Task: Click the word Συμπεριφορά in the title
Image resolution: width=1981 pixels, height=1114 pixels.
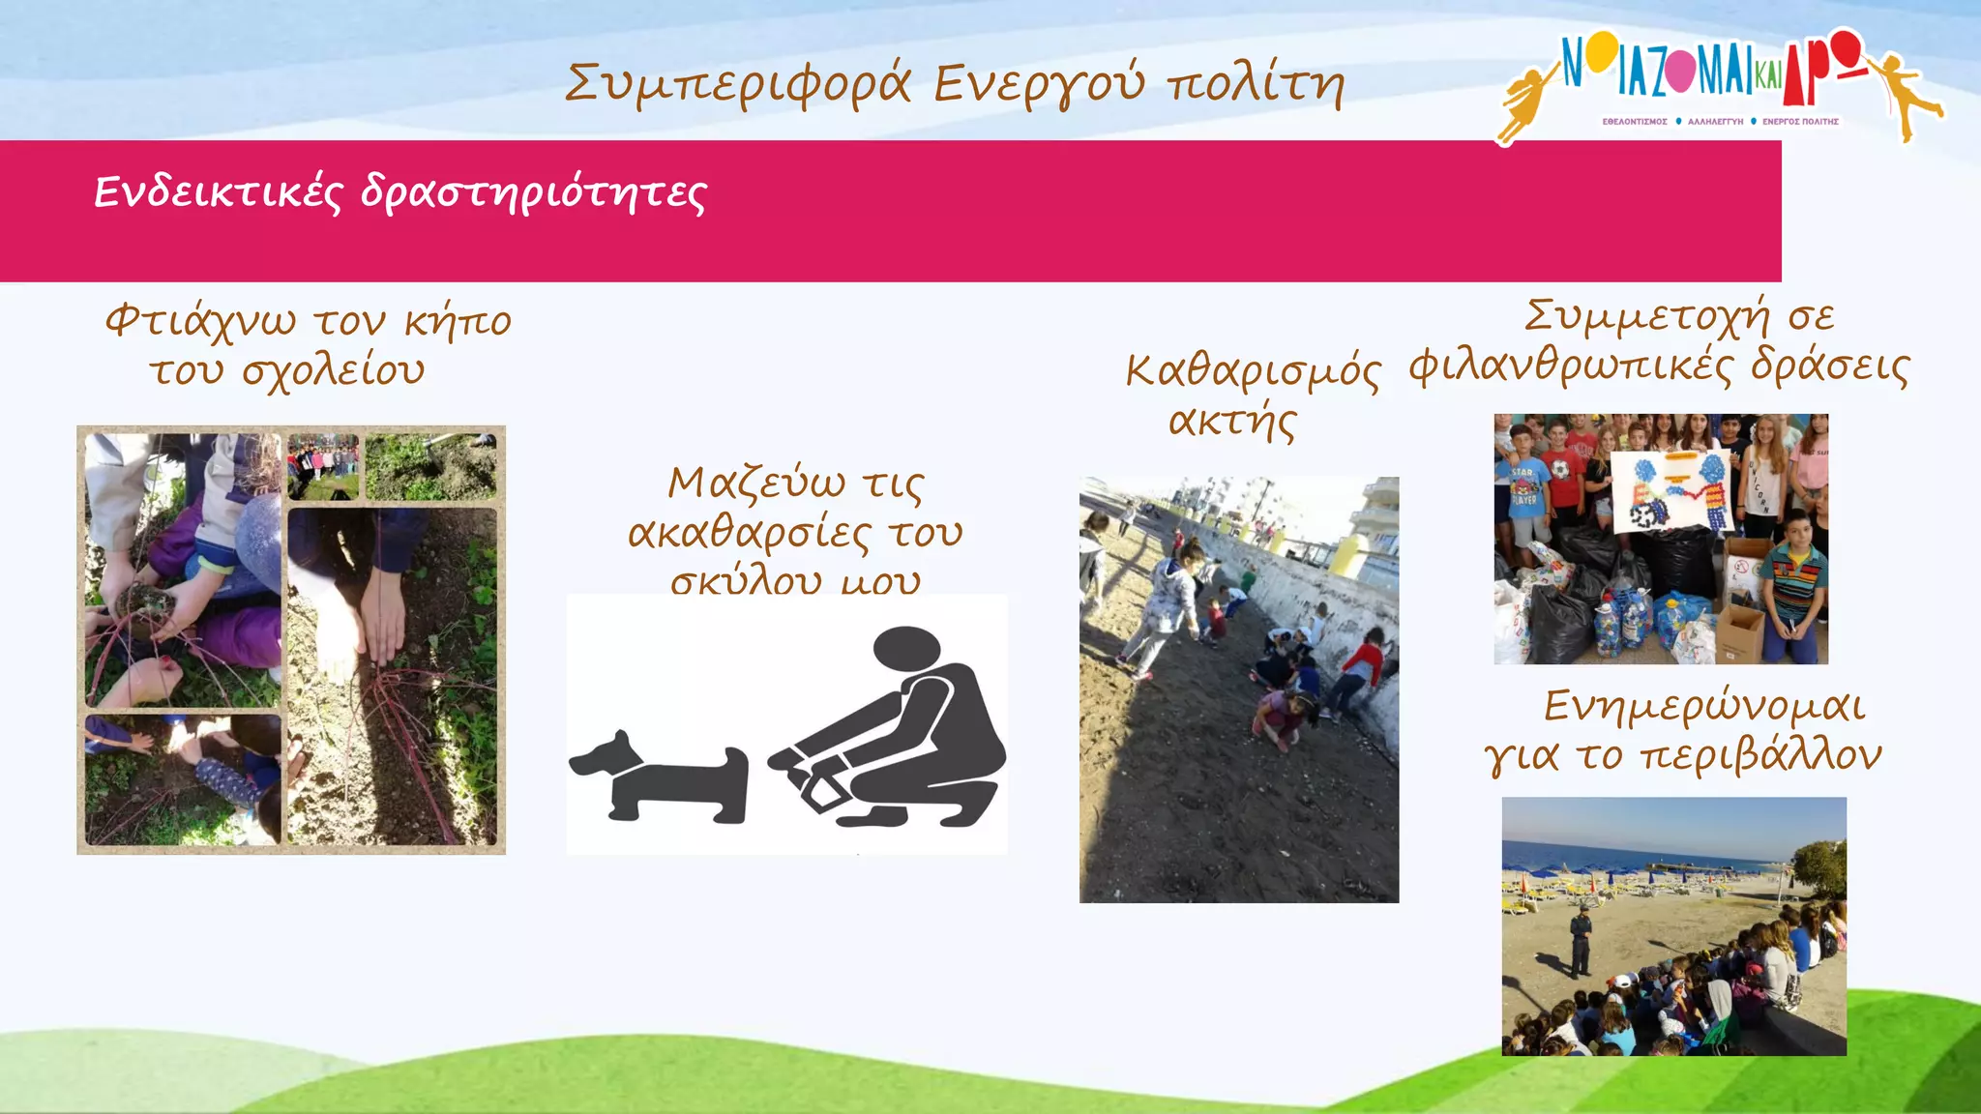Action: (x=737, y=84)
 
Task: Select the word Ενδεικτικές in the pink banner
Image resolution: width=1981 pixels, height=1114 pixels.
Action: (x=218, y=192)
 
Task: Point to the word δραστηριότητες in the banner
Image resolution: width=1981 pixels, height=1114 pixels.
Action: (x=533, y=194)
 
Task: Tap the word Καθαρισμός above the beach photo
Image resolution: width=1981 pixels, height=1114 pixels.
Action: (x=1253, y=371)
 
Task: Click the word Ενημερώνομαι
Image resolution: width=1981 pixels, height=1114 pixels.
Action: (x=1703, y=707)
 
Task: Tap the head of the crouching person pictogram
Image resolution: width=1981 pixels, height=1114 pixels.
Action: (x=906, y=647)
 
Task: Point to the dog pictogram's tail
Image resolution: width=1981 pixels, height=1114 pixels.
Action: (x=738, y=764)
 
